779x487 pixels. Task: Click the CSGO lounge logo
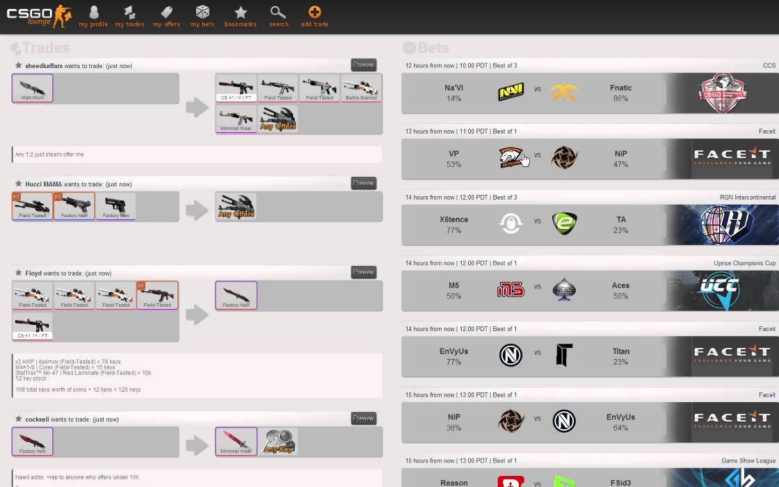pyautogui.click(x=39, y=15)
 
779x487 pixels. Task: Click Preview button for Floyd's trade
pyautogui.click(x=363, y=272)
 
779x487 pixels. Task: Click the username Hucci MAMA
pyautogui.click(x=44, y=184)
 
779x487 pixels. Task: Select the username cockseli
pyautogui.click(x=37, y=420)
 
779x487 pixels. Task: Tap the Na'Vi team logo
pyautogui.click(x=511, y=93)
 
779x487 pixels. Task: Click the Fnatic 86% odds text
pyautogui.click(x=620, y=93)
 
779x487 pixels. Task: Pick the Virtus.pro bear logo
pyautogui.click(x=511, y=158)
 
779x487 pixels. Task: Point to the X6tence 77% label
pyautogui.click(x=453, y=225)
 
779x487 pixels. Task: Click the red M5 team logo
pyautogui.click(x=511, y=290)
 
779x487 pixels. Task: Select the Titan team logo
pyautogui.click(x=563, y=356)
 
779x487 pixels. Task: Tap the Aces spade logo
pyautogui.click(x=563, y=290)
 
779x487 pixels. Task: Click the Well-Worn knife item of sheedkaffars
pyautogui.click(x=32, y=88)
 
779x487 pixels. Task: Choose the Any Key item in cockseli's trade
pyautogui.click(x=278, y=442)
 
